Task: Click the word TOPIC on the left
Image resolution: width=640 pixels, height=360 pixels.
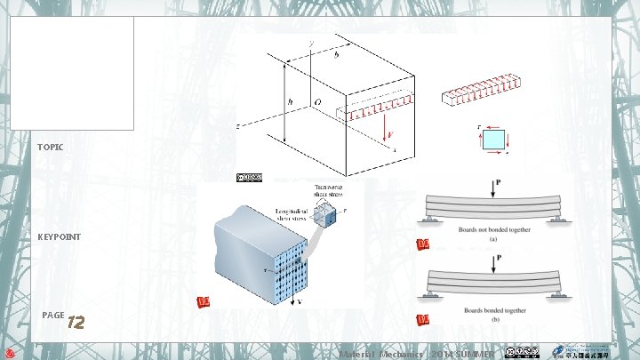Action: coord(51,146)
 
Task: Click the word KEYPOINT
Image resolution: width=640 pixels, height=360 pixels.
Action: coord(59,237)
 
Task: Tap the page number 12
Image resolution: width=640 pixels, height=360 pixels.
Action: coord(76,322)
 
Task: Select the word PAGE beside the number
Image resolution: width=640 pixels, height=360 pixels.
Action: coord(52,316)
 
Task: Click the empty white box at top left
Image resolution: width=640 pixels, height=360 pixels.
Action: coord(72,73)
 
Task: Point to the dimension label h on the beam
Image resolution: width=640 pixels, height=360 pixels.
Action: coord(291,100)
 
